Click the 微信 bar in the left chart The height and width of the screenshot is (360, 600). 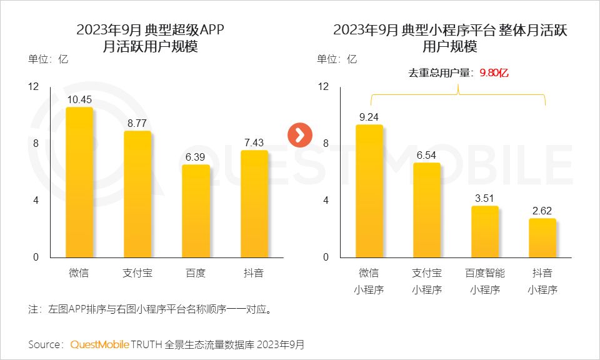click(x=79, y=182)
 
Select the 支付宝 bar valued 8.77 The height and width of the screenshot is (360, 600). click(x=137, y=194)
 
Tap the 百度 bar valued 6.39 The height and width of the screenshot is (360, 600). click(x=196, y=211)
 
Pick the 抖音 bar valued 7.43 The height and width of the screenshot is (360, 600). click(x=254, y=204)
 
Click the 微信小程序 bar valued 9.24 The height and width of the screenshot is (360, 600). click(x=369, y=191)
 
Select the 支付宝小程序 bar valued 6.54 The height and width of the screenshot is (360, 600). click(x=426, y=210)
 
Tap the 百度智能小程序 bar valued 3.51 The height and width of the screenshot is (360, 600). click(x=484, y=232)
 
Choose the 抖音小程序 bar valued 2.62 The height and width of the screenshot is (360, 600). click(x=542, y=238)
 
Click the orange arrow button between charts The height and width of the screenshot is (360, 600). click(x=299, y=134)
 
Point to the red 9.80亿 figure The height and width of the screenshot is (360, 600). click(x=494, y=73)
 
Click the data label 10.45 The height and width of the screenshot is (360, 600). click(x=79, y=99)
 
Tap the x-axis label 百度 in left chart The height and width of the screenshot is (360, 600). click(x=196, y=273)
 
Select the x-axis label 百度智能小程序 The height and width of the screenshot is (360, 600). click(x=484, y=281)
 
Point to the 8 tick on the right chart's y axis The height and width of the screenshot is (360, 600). click(x=324, y=144)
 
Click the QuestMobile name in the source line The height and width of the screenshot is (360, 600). click(x=99, y=344)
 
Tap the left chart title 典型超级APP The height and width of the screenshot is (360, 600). click(x=149, y=30)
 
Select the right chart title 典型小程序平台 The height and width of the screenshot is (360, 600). click(x=450, y=30)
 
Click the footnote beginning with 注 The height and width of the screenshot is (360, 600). click(x=150, y=309)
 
